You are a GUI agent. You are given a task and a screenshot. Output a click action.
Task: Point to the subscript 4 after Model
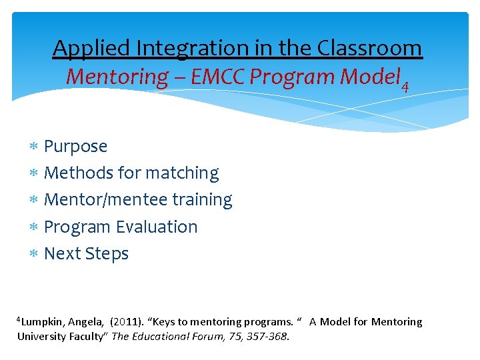[403, 85]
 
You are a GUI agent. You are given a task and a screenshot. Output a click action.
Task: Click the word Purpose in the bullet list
[75, 146]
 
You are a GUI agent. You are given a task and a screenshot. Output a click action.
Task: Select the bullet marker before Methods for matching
[33, 173]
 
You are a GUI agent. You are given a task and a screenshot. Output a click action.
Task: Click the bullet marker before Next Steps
[33, 254]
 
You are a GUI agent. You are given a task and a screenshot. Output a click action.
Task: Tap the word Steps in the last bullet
[109, 254]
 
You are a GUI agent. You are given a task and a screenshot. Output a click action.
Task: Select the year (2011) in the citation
[125, 322]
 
